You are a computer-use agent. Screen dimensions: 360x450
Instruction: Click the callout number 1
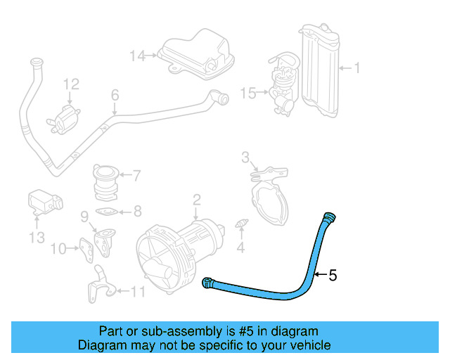[356, 68]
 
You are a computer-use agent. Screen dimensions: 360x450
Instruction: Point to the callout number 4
[240, 247]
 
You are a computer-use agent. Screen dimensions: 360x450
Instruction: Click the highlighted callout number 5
[333, 275]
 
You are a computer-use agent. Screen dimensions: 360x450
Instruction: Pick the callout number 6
[115, 95]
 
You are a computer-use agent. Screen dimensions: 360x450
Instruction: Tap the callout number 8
[137, 210]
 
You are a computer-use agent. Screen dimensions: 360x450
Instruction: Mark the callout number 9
[84, 215]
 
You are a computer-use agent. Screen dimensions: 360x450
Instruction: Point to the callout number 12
[71, 84]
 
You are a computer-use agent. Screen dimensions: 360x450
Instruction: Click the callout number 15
[248, 91]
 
